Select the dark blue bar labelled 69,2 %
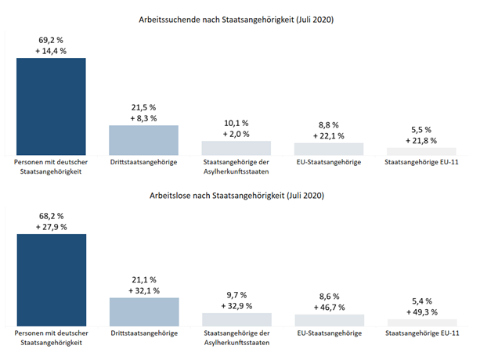tap(51, 106)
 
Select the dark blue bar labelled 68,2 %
tap(51, 279)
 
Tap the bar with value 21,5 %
tap(143, 140)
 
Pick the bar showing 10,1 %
tap(236, 148)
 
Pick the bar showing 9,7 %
tap(236, 319)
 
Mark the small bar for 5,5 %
tap(421, 151)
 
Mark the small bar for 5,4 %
tap(421, 322)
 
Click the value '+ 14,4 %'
tap(51, 50)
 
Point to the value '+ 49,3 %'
tap(421, 311)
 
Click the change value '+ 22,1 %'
tap(329, 135)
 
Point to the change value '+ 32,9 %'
tap(236, 305)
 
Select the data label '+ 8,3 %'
tap(143, 118)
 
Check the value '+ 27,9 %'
tap(51, 226)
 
